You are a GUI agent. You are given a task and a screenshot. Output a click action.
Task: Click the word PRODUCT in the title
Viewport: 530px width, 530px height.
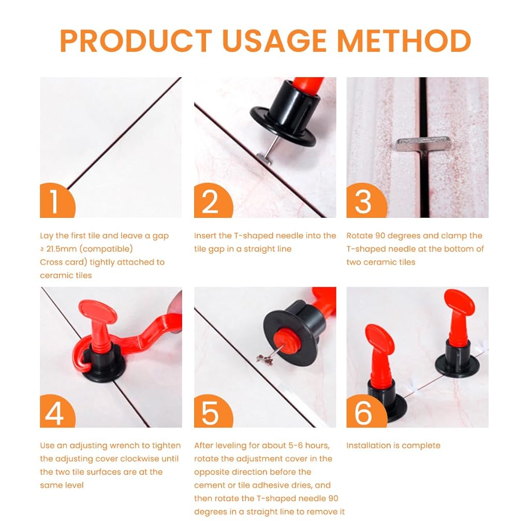tap(136, 41)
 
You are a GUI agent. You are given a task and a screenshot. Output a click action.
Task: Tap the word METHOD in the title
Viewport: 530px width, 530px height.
tap(404, 41)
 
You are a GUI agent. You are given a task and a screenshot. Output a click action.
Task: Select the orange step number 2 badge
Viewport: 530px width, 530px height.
tap(212, 201)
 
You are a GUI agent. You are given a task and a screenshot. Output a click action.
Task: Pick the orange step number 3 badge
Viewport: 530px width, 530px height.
tap(365, 201)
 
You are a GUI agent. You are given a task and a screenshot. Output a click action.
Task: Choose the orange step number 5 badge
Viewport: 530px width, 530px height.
tap(212, 411)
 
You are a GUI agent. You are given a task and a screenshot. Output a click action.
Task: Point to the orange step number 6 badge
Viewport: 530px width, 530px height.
tap(365, 411)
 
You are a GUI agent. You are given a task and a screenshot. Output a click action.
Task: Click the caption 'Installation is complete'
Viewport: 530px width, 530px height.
tap(393, 446)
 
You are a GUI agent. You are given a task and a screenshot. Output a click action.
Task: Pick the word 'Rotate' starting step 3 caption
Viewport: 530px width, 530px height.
tap(359, 235)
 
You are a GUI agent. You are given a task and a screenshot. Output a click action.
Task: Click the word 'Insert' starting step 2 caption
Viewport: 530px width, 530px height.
tap(205, 235)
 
